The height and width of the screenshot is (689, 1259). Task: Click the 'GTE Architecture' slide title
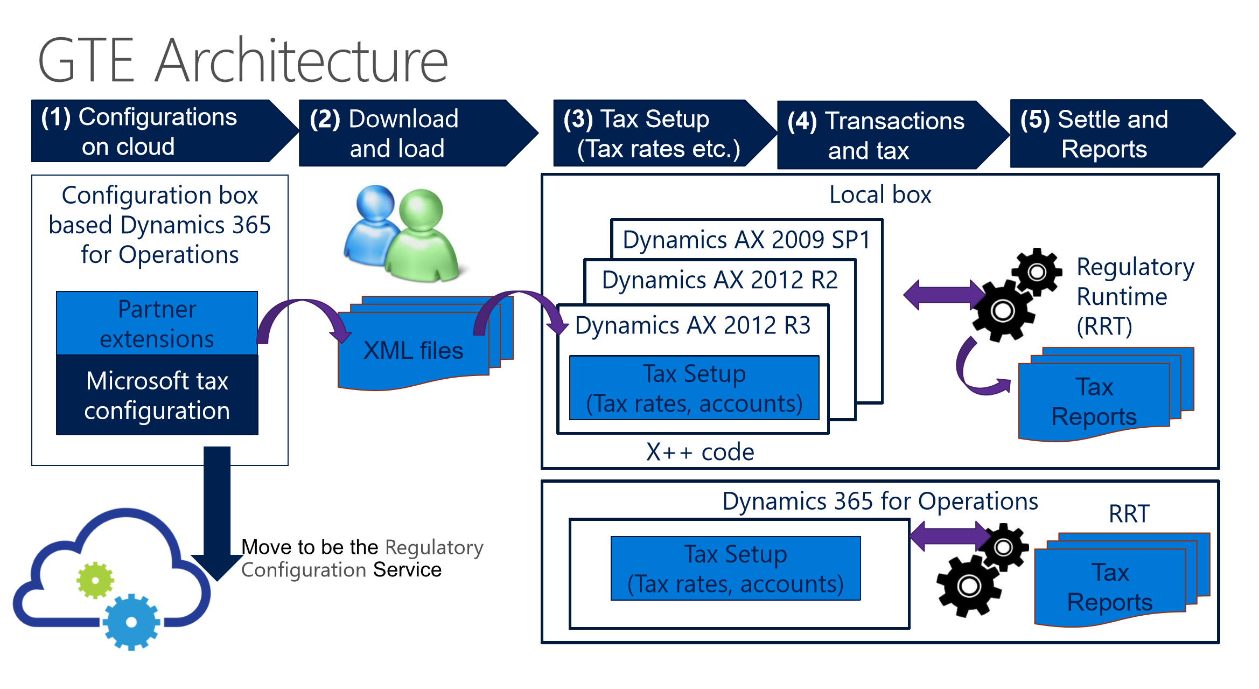click(x=243, y=60)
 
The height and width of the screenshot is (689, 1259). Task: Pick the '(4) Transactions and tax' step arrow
click(x=893, y=135)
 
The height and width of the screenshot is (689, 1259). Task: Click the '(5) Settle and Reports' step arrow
click(x=1122, y=134)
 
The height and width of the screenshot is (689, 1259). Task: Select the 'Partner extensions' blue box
click(x=157, y=323)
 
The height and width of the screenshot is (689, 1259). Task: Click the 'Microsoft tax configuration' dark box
click(x=157, y=395)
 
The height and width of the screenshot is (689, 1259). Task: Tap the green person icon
click(x=423, y=235)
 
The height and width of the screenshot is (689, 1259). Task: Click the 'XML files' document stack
click(x=425, y=343)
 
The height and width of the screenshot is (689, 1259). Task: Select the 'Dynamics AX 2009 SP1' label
click(x=746, y=240)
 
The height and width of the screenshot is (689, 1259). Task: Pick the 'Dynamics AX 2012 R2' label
click(x=719, y=280)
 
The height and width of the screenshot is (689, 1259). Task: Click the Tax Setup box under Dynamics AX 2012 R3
click(x=694, y=388)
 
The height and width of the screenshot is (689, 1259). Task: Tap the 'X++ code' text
click(x=700, y=452)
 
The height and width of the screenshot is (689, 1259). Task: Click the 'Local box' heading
click(x=880, y=194)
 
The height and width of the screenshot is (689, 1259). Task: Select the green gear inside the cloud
click(x=95, y=580)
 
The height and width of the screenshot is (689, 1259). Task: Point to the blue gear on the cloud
click(x=131, y=622)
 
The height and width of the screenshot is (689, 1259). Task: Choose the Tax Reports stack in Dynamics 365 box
click(x=1122, y=580)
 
